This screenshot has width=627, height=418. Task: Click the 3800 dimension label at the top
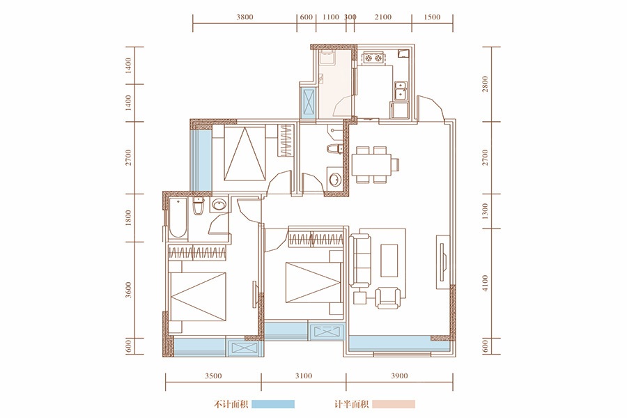coord(245,17)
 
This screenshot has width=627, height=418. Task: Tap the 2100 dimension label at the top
coord(383,17)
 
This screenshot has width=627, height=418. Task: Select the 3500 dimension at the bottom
coord(213,376)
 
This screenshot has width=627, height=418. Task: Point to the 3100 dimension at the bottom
coord(304,376)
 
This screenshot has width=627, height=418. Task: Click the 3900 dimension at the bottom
coord(399,376)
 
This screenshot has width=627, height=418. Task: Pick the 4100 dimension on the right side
coord(485,283)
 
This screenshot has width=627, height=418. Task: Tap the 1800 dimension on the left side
coord(128,218)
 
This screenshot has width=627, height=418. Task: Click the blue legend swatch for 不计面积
coord(273,404)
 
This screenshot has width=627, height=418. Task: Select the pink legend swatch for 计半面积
coord(394,404)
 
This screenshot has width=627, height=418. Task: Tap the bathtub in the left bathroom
coord(177,219)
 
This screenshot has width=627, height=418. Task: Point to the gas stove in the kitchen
coord(373,59)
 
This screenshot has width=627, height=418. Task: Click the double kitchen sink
coord(401,91)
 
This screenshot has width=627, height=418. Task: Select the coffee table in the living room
coord(389,261)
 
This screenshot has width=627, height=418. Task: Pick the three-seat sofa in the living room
coord(360,261)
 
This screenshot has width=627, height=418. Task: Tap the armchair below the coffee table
coord(387,297)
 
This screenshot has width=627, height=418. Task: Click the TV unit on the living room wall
coord(442,262)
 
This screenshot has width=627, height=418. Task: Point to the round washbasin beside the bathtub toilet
coord(218,206)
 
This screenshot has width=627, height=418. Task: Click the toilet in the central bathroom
coord(334,149)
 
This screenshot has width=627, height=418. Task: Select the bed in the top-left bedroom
coord(245,154)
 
